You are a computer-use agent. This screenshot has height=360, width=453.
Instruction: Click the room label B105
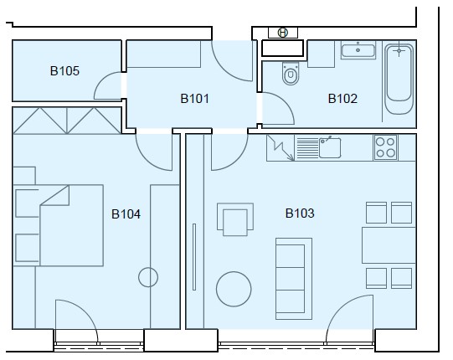coord(64,71)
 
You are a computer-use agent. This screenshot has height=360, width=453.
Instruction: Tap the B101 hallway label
coord(195,99)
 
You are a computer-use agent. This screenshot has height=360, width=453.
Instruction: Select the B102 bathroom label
coord(342,99)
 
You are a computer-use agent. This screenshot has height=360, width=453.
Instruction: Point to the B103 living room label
coord(300,213)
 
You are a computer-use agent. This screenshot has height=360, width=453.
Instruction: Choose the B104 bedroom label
coord(126,214)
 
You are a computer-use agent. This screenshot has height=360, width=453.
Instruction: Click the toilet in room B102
coord(291,74)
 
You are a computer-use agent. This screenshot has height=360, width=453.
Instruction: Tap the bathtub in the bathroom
coord(399,79)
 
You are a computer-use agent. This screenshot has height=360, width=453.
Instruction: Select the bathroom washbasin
coord(358,50)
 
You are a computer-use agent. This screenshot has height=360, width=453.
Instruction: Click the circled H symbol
coord(283,33)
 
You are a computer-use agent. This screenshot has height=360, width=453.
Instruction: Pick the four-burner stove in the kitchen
coord(385,147)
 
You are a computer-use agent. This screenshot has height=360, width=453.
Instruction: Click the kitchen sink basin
coord(330,147)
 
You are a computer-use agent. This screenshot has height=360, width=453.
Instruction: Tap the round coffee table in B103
coord(234,289)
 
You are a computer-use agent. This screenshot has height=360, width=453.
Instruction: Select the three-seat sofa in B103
coord(294,279)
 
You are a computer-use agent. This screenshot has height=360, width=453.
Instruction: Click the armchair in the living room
coord(235,219)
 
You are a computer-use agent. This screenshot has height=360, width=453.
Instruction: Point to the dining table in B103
coord(389,245)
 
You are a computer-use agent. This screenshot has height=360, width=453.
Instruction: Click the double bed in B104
coord(72,225)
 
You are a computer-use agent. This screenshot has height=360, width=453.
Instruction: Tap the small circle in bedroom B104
coord(148,277)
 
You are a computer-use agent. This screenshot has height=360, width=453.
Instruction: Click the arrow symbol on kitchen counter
coord(281,148)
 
